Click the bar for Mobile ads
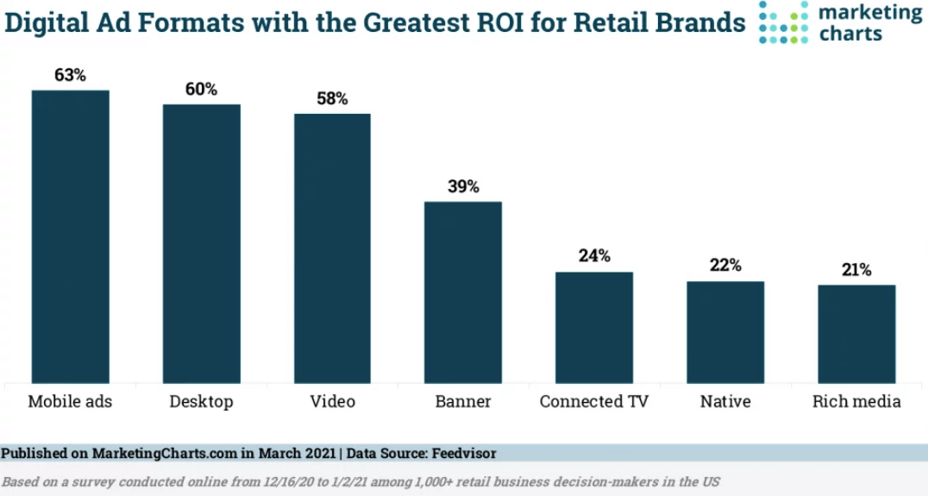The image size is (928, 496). click(x=71, y=236)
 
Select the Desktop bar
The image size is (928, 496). click(x=202, y=243)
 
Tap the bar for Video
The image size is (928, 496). click(x=332, y=248)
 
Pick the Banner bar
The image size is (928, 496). click(x=463, y=292)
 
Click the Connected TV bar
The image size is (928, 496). click(x=594, y=328)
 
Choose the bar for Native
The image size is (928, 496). click(x=725, y=332)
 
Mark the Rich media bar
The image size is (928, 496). click(x=856, y=334)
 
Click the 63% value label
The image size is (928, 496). click(x=71, y=75)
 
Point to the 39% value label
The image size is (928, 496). click(x=463, y=186)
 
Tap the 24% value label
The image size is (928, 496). click(x=594, y=256)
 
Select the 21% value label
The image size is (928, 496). click(x=856, y=270)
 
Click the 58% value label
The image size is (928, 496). click(x=332, y=98)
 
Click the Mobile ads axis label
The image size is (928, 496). click(x=70, y=402)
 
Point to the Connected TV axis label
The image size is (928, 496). click(x=593, y=402)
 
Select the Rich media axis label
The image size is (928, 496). click(x=856, y=402)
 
